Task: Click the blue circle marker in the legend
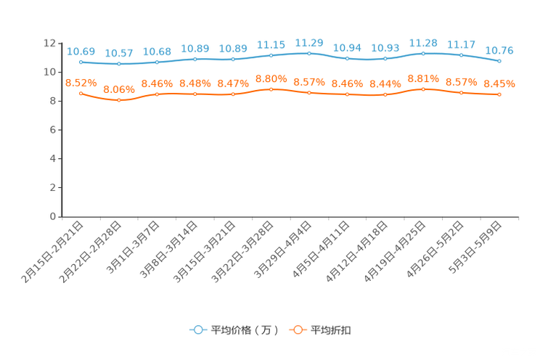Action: pos(197,330)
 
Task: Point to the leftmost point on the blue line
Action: pos(81,62)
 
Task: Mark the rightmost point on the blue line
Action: pos(499,61)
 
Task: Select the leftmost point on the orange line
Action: pos(81,93)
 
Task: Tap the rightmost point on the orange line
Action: pos(499,95)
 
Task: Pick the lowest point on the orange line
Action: pos(118,100)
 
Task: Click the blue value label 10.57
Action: pos(118,53)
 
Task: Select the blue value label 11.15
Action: pos(271,44)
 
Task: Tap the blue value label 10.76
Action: pos(499,50)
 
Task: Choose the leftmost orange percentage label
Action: pos(81,82)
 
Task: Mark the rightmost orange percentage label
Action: pos(499,84)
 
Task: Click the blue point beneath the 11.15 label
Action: pos(271,55)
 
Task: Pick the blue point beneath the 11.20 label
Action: pos(309,53)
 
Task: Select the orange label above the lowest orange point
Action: pos(118,89)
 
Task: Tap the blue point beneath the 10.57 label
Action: pos(118,64)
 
